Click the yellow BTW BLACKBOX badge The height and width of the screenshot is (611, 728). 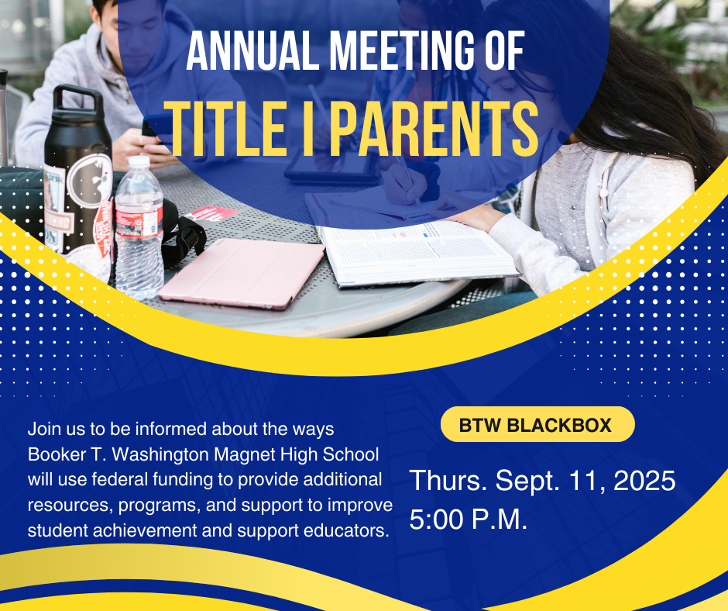(x=535, y=425)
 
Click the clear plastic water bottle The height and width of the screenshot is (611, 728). (x=139, y=233)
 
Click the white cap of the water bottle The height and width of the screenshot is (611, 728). (x=137, y=164)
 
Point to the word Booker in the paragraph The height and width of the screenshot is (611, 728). (x=53, y=454)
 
